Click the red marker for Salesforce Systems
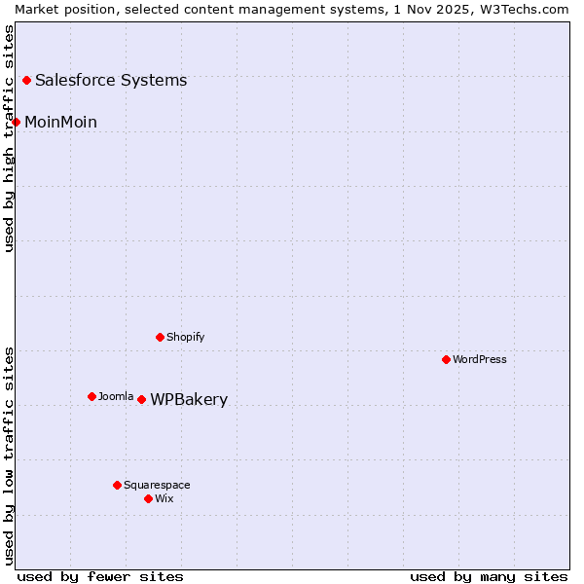(x=26, y=80)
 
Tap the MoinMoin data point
(x=16, y=122)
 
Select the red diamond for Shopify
(x=160, y=337)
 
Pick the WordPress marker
(x=446, y=359)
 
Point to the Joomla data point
(x=91, y=396)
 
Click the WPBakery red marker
(x=141, y=399)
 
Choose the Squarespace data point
(x=117, y=485)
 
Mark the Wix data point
(x=148, y=498)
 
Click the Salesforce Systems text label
(x=111, y=80)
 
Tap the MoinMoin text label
(x=60, y=122)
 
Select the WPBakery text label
(x=189, y=400)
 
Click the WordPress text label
(x=480, y=359)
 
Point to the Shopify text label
(x=185, y=337)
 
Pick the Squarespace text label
(x=157, y=485)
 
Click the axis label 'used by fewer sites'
(x=100, y=576)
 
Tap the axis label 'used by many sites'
(x=489, y=576)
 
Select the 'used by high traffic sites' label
(x=9, y=138)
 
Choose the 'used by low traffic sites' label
(x=9, y=455)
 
